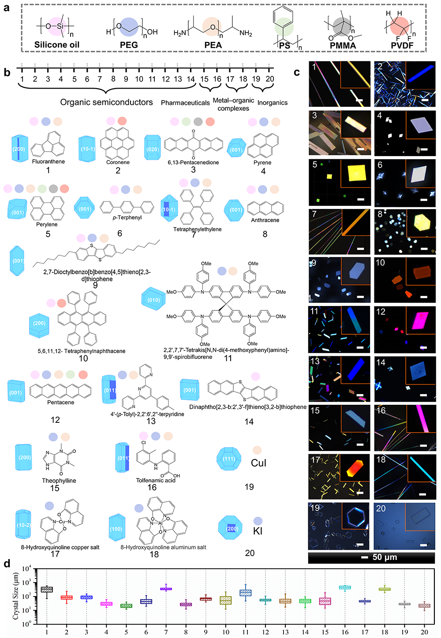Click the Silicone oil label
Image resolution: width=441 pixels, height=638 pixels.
[x=57, y=45]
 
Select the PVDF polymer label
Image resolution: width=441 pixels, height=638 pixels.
[x=402, y=45]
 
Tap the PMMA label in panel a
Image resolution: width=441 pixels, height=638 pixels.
[x=343, y=45]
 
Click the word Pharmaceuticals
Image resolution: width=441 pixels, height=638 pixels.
[x=185, y=103]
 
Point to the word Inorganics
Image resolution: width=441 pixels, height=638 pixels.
[x=273, y=103]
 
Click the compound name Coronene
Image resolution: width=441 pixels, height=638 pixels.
[x=118, y=162]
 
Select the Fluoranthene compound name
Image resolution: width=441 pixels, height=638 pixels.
[x=49, y=161]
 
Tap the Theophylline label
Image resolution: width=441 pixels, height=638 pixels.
[x=59, y=481]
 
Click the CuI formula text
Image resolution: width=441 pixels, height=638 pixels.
[x=258, y=463]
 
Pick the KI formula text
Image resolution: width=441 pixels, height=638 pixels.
[x=258, y=531]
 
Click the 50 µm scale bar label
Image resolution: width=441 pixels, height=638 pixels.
[x=385, y=557]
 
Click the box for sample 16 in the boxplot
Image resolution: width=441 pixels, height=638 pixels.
[x=345, y=587]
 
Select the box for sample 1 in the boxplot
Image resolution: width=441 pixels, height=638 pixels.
[x=47, y=589]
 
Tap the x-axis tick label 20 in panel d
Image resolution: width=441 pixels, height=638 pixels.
[x=424, y=632]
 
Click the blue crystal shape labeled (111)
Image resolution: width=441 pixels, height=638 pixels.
[x=228, y=459]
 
